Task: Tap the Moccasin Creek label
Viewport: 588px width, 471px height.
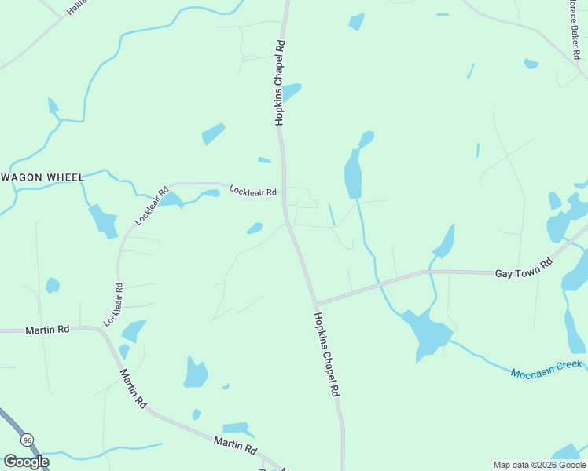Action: tap(546, 368)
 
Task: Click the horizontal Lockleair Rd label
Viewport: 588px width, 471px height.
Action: tap(252, 191)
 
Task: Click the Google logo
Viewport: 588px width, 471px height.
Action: tap(26, 462)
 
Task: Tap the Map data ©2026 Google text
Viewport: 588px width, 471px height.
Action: tap(539, 465)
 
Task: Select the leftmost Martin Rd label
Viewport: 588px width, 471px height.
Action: tap(48, 330)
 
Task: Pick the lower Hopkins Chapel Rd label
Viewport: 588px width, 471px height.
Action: tap(326, 353)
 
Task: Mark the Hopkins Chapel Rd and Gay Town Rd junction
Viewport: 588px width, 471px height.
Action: tap(315, 305)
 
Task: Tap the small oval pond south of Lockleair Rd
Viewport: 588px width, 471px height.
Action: tap(255, 228)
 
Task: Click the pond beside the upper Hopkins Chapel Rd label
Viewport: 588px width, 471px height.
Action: tap(292, 92)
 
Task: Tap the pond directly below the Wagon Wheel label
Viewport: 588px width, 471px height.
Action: tap(103, 220)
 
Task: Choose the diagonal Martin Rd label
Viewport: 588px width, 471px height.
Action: tap(134, 389)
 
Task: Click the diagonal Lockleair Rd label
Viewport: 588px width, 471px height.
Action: tap(152, 206)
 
